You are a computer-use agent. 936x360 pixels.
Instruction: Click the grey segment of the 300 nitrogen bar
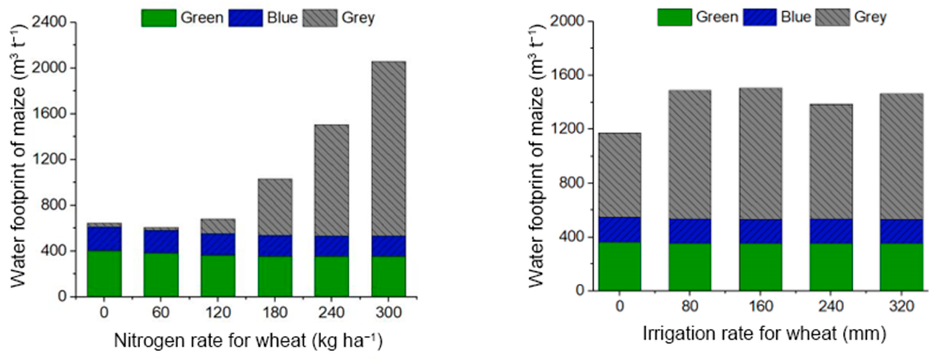point(388,149)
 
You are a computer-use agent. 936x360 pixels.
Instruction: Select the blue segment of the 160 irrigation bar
point(760,231)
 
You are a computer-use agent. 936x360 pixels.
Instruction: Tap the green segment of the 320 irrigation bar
point(902,267)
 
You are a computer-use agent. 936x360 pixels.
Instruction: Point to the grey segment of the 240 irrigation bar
point(831,162)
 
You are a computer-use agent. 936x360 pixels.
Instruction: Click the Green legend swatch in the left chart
point(159,18)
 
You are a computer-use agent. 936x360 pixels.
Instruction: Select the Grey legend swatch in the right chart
point(832,17)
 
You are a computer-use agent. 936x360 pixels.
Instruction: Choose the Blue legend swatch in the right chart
point(760,17)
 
